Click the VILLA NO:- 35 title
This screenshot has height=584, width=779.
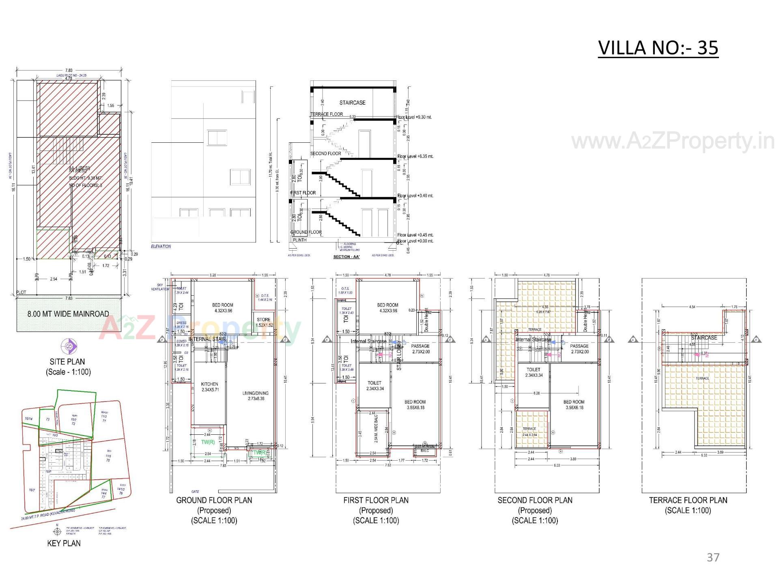point(658,48)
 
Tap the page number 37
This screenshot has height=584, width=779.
point(713,557)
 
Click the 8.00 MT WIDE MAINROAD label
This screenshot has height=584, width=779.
point(68,314)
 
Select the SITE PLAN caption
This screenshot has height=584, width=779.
point(67,362)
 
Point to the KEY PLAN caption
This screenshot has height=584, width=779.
point(64,543)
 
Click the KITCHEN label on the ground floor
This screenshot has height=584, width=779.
point(209,384)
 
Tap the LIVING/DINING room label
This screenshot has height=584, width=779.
point(255,393)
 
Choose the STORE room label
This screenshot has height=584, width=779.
point(263,320)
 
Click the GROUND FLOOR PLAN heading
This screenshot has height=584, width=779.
point(214,500)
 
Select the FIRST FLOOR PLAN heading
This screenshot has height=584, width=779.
point(376,500)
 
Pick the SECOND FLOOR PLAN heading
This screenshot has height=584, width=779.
point(535,500)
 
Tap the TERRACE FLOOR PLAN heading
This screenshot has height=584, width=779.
point(688,500)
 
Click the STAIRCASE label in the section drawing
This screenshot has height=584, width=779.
point(352,103)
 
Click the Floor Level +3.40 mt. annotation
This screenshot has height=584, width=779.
point(415,195)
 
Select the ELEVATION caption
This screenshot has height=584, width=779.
point(161,246)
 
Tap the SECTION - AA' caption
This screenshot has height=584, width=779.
point(346,257)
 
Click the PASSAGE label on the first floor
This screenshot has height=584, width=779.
point(420,346)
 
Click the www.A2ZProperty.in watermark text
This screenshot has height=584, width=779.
point(672,142)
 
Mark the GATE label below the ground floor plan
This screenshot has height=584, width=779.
point(195,492)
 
